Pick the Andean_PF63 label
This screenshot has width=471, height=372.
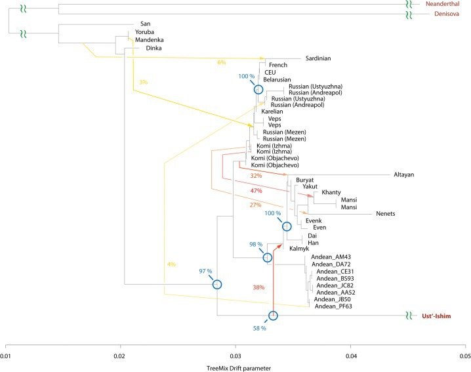tap(334, 306)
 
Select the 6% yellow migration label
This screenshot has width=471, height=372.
tap(221, 62)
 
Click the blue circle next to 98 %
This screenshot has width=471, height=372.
tap(267, 258)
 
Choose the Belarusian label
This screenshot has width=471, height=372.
tap(276, 79)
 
